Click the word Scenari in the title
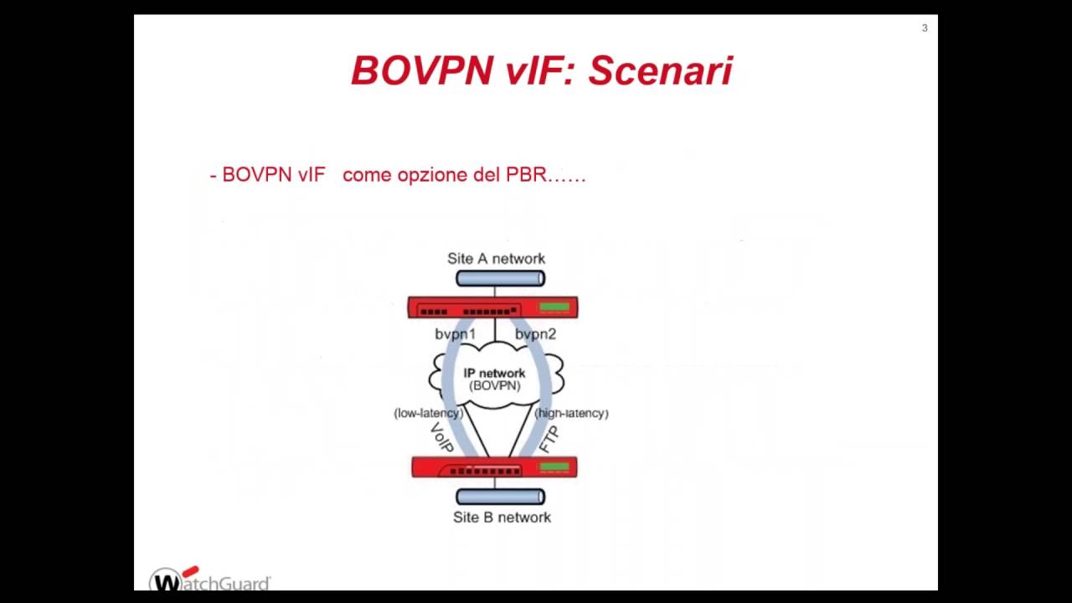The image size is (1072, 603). (660, 71)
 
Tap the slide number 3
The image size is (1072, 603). (925, 28)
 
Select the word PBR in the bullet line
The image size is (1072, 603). (526, 175)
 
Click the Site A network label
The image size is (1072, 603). (496, 259)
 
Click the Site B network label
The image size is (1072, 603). (502, 518)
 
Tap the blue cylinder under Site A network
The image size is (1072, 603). (500, 279)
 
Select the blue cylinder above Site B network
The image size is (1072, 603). (500, 497)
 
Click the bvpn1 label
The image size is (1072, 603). (455, 334)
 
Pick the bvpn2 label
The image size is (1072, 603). (535, 334)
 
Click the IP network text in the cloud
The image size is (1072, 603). (494, 374)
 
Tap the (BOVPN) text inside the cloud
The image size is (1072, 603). (494, 386)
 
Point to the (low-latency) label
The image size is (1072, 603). (428, 413)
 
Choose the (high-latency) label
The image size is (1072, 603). (571, 413)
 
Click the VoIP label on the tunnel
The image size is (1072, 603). (441, 438)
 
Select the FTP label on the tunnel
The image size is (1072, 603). (549, 440)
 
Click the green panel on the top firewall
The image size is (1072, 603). (554, 308)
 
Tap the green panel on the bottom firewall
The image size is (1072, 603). (554, 467)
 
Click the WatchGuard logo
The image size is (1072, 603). (209, 580)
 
